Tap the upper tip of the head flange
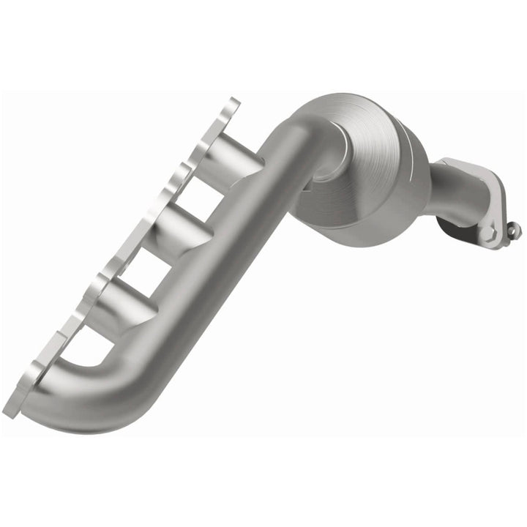(x=233, y=102)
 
